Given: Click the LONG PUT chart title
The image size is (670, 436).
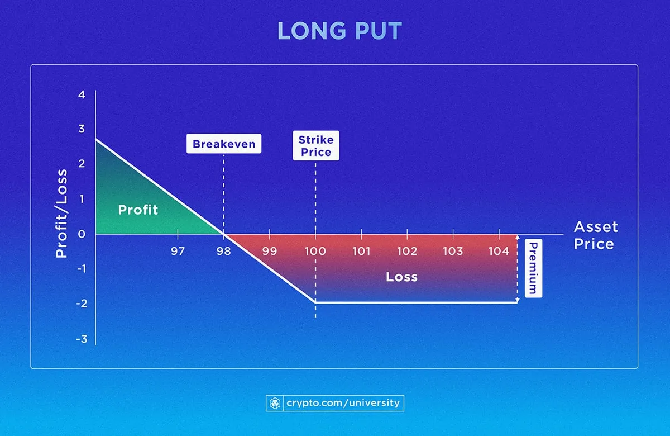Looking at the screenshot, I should pyautogui.click(x=339, y=31).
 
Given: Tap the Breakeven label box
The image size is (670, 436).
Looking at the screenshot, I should pyautogui.click(x=224, y=144).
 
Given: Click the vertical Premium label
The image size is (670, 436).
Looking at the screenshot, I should pyautogui.click(x=533, y=268).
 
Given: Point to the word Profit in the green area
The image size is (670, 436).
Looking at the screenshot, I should pyautogui.click(x=138, y=210).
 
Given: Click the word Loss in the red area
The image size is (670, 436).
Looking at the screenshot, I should pyautogui.click(x=401, y=277).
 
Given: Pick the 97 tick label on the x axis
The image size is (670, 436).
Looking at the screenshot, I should pyautogui.click(x=178, y=251).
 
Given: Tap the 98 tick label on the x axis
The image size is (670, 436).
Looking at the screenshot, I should pyautogui.click(x=224, y=251).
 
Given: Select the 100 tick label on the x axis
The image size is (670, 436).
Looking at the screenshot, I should pyautogui.click(x=315, y=251).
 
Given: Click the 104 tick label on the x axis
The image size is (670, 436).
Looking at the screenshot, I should pyautogui.click(x=499, y=251).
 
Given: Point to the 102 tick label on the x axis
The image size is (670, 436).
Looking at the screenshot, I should pyautogui.click(x=407, y=251).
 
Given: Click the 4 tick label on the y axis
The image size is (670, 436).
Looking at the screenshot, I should pyautogui.click(x=82, y=94).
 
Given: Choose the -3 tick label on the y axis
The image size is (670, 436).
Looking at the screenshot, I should pyautogui.click(x=81, y=339).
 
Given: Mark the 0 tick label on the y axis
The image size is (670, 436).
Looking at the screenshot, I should pyautogui.click(x=82, y=234).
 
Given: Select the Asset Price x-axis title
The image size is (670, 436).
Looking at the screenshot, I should pyautogui.click(x=596, y=235).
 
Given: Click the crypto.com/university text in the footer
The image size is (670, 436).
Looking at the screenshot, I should pyautogui.click(x=343, y=403).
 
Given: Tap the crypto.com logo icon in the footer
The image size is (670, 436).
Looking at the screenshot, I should pyautogui.click(x=275, y=403).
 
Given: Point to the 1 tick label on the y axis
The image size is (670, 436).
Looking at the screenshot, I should pyautogui.click(x=82, y=199).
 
